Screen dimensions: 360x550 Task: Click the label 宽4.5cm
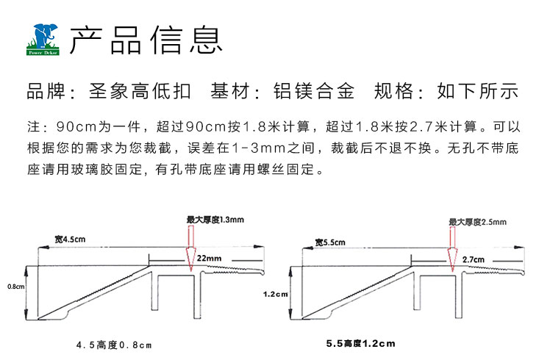pyautogui.click(x=70, y=240)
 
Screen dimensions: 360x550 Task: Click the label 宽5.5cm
pyautogui.click(x=330, y=242)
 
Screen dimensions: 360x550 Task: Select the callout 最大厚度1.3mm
pyautogui.click(x=215, y=220)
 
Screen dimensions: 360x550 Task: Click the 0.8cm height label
pyautogui.click(x=16, y=287)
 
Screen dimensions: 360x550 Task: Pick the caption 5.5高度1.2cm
pyautogui.click(x=361, y=344)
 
